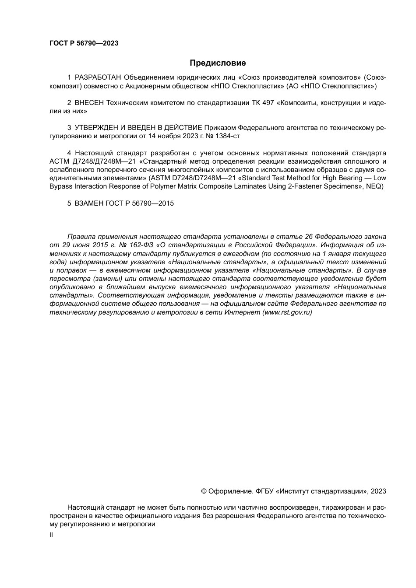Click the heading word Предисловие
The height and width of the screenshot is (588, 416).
point(218,63)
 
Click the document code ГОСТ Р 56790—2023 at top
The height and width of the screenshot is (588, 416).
point(84,43)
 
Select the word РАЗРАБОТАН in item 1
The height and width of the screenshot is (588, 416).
point(99,78)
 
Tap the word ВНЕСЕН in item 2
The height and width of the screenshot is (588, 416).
point(89,103)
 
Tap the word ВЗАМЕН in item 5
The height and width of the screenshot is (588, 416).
point(89,203)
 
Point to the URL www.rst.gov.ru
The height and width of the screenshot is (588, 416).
point(287,313)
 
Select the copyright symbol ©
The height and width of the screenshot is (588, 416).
point(204,491)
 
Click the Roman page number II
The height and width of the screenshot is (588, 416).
point(51,535)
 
